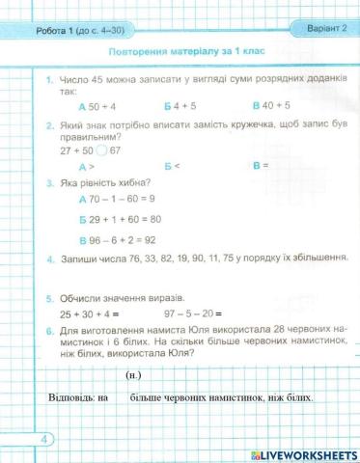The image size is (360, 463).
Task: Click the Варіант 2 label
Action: click(318, 28)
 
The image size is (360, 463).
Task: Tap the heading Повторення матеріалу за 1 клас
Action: click(187, 49)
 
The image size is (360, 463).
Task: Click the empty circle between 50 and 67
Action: click(102, 150)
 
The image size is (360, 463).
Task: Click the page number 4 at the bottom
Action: click(18, 440)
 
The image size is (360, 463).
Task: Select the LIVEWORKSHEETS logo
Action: click(303, 453)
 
